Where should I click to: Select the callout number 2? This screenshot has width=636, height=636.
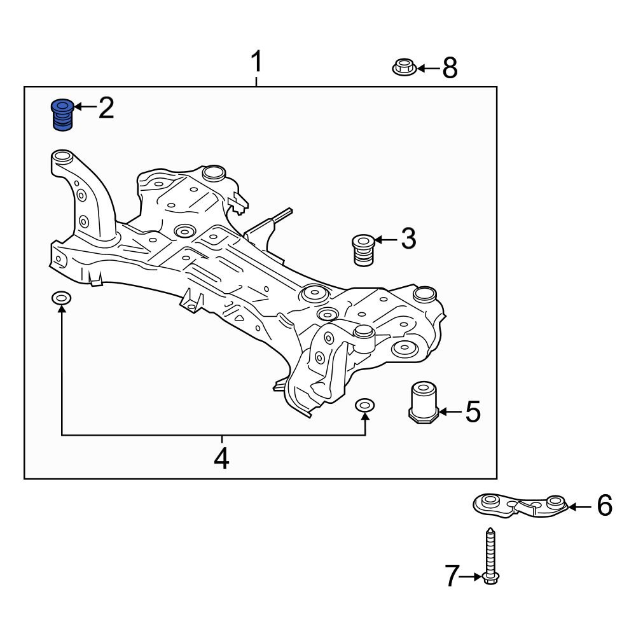[x=106, y=109]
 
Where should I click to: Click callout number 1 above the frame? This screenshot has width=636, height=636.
[x=256, y=63]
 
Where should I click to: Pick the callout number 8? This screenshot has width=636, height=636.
[x=450, y=67]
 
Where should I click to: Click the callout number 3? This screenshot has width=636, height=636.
[x=408, y=239]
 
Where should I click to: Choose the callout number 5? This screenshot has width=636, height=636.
[x=473, y=412]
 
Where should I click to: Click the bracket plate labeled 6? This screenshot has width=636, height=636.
[x=520, y=504]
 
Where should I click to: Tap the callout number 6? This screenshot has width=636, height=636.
[x=604, y=506]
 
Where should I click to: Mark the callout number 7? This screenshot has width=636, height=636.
[x=451, y=577]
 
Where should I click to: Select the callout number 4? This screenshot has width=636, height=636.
[x=221, y=458]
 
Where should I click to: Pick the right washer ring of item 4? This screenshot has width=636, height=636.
[x=365, y=404]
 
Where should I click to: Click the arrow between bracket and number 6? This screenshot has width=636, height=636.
[x=579, y=507]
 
